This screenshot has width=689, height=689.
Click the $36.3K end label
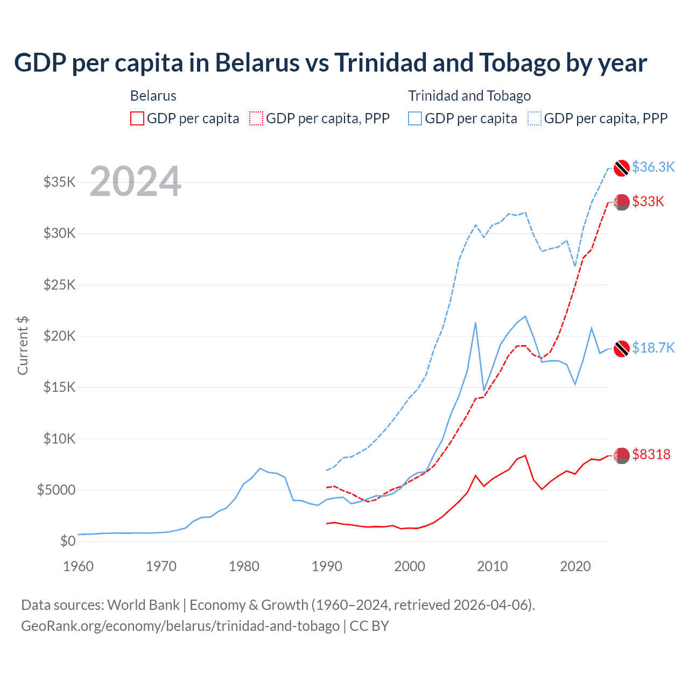click(653, 167)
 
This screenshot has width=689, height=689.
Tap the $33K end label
click(648, 201)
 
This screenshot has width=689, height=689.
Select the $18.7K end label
click(653, 348)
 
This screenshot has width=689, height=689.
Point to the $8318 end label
click(651, 454)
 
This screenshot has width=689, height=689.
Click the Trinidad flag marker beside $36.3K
click(622, 167)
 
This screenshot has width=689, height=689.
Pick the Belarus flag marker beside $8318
click(622, 455)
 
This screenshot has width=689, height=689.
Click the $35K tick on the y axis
click(59, 182)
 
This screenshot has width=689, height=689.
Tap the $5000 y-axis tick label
click(56, 490)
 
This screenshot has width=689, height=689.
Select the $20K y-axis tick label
click(59, 336)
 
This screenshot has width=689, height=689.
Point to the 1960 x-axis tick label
click(79, 566)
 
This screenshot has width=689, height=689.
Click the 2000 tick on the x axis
click(410, 566)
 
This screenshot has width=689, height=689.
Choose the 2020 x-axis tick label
click(575, 566)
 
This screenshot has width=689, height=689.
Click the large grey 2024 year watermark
click(135, 181)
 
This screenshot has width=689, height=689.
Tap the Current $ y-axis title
click(23, 345)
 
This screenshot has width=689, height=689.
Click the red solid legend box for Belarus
click(137, 118)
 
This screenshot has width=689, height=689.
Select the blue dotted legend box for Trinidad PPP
click(535, 118)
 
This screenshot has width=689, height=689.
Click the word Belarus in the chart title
click(257, 62)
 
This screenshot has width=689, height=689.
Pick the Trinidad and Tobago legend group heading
click(469, 96)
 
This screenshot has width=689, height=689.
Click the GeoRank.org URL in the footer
click(180, 626)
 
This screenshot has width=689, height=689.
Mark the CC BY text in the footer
click(369, 626)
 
